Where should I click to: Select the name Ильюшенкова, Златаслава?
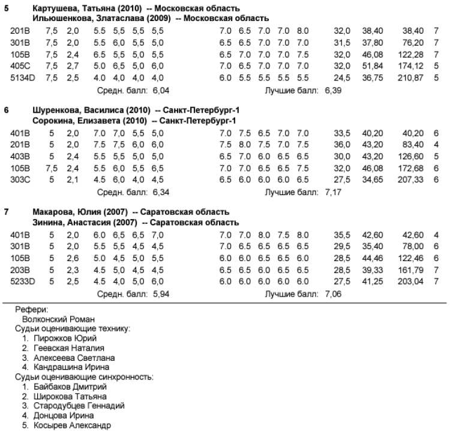coord(79,18)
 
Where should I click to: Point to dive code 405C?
coord(21,66)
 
